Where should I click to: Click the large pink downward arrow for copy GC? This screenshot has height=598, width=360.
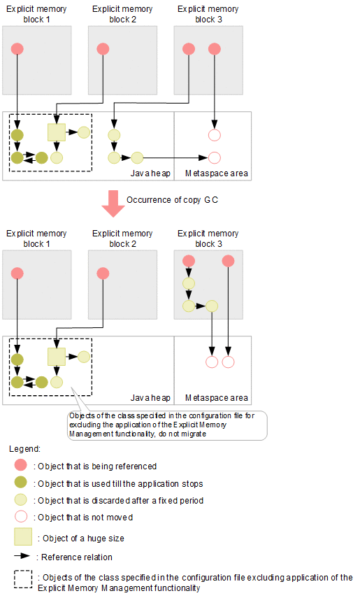point(113,204)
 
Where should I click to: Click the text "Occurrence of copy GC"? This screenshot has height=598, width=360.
point(173,200)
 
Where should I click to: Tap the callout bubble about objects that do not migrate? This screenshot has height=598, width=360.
point(167,425)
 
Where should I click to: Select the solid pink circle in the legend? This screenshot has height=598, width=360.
point(20,465)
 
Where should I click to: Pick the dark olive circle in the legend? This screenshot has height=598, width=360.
point(20,483)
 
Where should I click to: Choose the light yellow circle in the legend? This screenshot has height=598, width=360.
point(20,499)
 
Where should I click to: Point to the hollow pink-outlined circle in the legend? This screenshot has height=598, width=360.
point(20,516)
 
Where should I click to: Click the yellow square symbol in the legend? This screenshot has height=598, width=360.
point(23,536)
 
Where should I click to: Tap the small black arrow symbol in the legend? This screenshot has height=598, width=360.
point(22,556)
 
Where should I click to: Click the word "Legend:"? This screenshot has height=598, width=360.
point(24,449)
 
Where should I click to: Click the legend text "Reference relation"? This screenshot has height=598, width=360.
point(77,557)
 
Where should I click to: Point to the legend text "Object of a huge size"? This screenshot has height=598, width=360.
point(83,539)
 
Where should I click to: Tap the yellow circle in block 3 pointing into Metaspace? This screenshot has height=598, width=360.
point(212,306)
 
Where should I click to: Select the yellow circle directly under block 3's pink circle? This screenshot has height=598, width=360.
point(189,283)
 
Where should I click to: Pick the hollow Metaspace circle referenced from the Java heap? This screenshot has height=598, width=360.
point(215,157)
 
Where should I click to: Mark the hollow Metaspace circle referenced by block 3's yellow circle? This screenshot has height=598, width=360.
point(212,362)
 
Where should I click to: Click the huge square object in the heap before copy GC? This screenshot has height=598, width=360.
point(57,132)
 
